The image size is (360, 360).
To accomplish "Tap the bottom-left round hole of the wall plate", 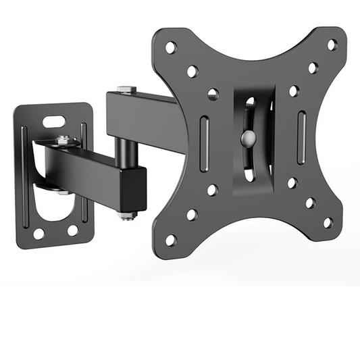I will [38, 233].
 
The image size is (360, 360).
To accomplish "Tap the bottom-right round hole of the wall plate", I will [72, 230].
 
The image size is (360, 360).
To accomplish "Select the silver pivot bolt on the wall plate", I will [63, 140].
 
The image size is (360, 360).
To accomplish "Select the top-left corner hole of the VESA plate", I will [171, 47].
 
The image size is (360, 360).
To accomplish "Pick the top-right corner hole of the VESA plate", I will [332, 45].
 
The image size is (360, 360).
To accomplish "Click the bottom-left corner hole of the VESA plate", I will [171, 240].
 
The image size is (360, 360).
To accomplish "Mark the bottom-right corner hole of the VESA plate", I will [328, 222].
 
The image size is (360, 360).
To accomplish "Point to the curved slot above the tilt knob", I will [249, 111].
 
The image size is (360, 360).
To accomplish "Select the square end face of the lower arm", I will [134, 188].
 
